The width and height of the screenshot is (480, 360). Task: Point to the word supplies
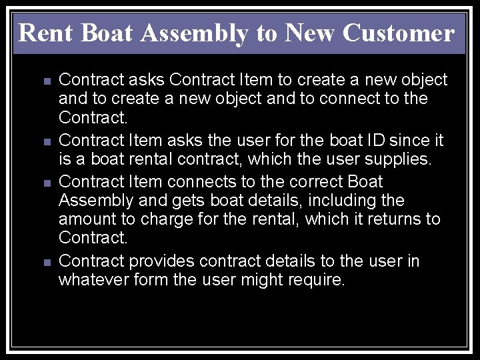(x=403, y=161)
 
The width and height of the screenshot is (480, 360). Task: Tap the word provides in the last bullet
(x=161, y=261)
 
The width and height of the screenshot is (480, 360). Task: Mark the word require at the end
(x=317, y=281)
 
